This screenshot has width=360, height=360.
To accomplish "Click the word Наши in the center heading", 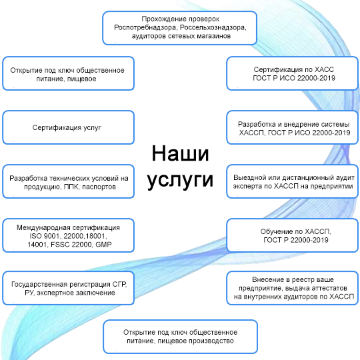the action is pyautogui.click(x=180, y=153).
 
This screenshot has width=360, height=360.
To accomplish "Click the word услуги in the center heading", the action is pyautogui.click(x=180, y=180).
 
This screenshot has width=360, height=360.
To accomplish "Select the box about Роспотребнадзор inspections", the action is pyautogui.click(x=179, y=28).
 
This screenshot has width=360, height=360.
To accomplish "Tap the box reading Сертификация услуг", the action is pyautogui.click(x=68, y=127).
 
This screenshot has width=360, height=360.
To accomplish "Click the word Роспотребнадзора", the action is pyautogui.click(x=145, y=27).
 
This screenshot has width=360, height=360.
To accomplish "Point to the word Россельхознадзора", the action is pyautogui.click(x=213, y=27).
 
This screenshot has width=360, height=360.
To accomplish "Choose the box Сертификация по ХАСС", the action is pyautogui.click(x=292, y=73).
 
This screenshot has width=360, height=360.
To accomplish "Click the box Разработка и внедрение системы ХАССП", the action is pyautogui.click(x=292, y=127).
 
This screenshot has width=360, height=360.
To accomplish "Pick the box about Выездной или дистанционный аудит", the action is pyautogui.click(x=292, y=181).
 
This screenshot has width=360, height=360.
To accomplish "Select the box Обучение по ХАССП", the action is pyautogui.click(x=292, y=235).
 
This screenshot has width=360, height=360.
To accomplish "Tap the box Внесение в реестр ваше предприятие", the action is pyautogui.click(x=292, y=288).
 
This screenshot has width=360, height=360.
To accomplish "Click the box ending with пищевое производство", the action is pyautogui.click(x=180, y=337).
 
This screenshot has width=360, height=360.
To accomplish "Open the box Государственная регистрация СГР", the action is pyautogui.click(x=68, y=288).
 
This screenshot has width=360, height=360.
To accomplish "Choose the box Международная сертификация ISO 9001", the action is pyautogui.click(x=68, y=235).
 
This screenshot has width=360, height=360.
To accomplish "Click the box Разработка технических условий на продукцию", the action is pyautogui.click(x=68, y=181).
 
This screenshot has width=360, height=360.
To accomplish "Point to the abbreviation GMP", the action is pyautogui.click(x=103, y=245).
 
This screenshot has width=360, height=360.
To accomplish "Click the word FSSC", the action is pyautogui.click(x=60, y=245).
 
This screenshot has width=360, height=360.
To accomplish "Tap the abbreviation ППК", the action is pyautogui.click(x=71, y=187).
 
